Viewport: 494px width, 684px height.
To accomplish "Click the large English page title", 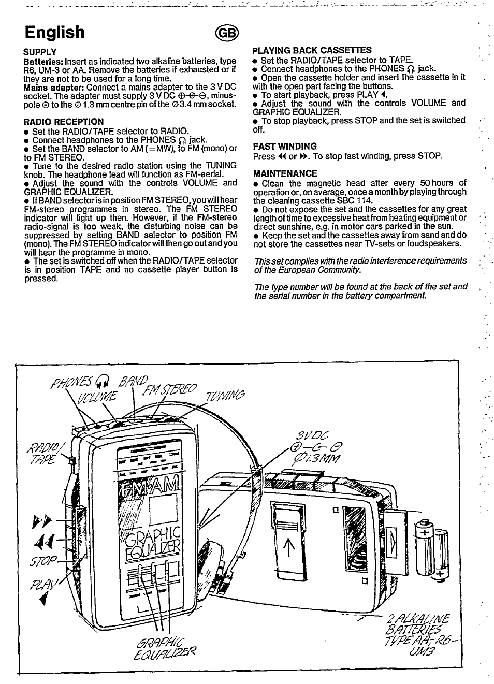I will [x=54, y=32].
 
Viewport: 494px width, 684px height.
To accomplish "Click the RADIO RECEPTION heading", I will [x=64, y=122].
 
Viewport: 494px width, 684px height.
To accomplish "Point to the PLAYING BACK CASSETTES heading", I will [x=312, y=50].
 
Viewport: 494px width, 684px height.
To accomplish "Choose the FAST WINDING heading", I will [x=285, y=147].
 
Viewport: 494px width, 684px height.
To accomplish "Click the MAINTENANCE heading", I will [x=285, y=173].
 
